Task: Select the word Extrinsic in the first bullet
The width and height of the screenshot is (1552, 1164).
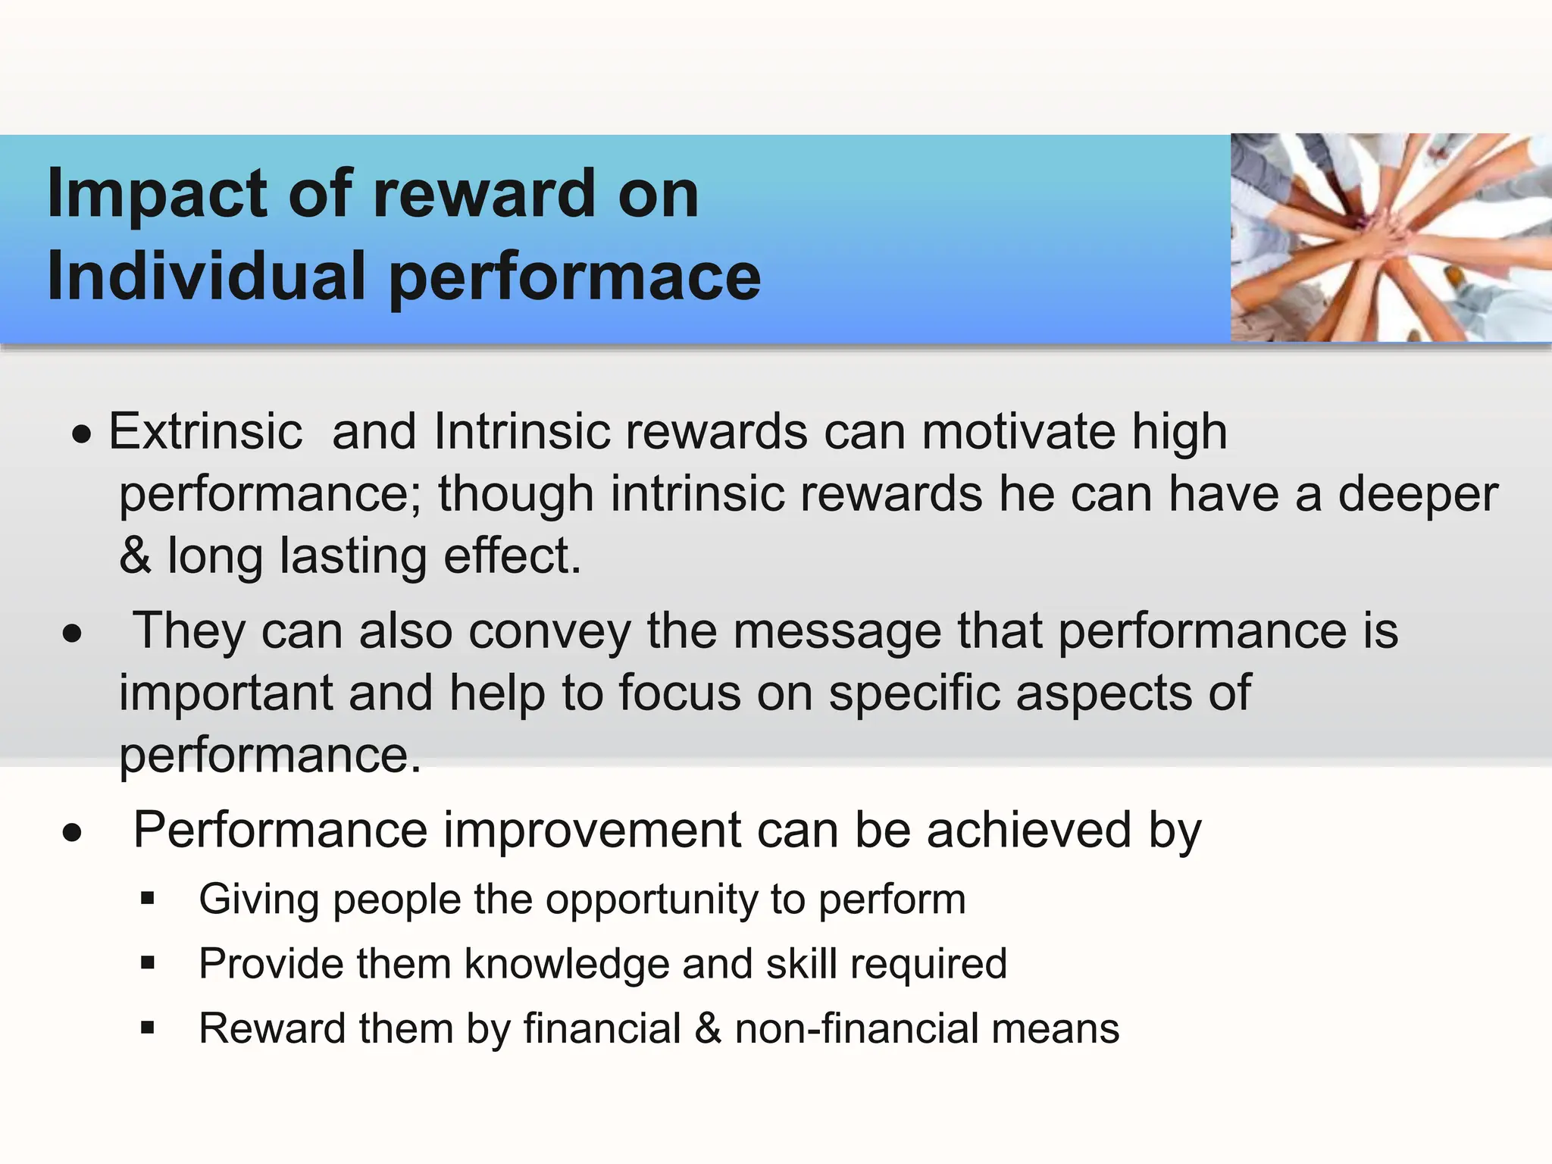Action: pyautogui.click(x=205, y=432)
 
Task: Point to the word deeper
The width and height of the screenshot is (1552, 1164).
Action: pyautogui.click(x=1418, y=494)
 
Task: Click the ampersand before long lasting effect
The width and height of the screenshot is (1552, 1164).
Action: pyautogui.click(x=135, y=556)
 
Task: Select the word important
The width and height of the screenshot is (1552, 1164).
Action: pyautogui.click(x=226, y=693)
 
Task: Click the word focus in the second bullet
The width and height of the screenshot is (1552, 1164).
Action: pyautogui.click(x=679, y=693)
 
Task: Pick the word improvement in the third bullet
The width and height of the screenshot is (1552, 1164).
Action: pyautogui.click(x=592, y=830)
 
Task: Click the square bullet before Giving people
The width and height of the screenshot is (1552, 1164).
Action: pyautogui.click(x=148, y=900)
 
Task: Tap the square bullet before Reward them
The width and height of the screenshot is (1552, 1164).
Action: pyautogui.click(x=148, y=1029)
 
